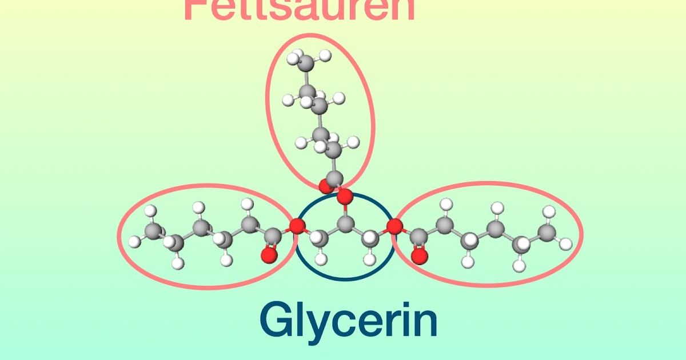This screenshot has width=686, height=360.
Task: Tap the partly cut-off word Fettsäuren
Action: point(299,10)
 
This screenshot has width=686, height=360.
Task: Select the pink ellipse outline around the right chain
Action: point(581,234)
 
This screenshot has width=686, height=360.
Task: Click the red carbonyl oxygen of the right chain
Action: point(420,255)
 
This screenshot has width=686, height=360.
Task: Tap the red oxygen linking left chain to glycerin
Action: point(296,226)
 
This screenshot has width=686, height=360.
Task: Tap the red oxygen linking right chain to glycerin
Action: point(394,226)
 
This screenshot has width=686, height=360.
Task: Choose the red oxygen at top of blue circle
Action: point(344,197)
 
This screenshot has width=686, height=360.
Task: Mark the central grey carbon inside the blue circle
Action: point(345,223)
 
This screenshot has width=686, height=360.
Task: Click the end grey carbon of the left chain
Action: point(153,231)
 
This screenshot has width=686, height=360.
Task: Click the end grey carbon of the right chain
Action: point(547,231)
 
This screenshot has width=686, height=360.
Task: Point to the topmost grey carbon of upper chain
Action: point(307,63)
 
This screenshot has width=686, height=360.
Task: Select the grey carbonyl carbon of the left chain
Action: point(272,235)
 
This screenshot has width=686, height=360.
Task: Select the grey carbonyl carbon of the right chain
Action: point(418,235)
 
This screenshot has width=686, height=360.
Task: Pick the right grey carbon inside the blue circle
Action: point(370,236)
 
